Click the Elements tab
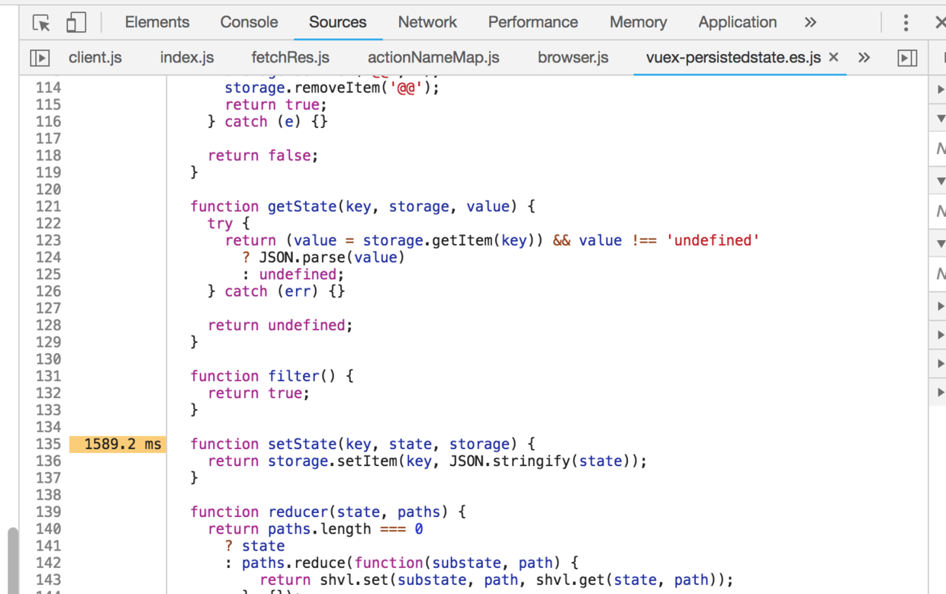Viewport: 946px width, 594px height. point(157,22)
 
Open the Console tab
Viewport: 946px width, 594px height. point(249,22)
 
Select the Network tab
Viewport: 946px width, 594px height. point(427,22)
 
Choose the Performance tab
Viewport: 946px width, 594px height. point(533,22)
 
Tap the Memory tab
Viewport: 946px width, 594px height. point(638,22)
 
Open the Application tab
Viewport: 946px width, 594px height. point(737,22)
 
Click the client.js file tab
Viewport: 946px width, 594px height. point(95,57)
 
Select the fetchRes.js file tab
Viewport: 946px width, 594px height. point(290,57)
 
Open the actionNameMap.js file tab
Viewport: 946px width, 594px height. point(433,57)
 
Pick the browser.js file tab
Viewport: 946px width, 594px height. point(573,57)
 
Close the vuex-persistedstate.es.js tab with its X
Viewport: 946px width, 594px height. point(833,57)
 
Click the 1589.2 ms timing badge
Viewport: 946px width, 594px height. point(122,444)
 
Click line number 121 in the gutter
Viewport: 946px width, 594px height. point(48,206)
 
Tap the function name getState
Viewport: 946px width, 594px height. point(301,206)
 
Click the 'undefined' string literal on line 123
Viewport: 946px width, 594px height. point(713,240)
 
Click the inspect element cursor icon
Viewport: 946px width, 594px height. point(41,23)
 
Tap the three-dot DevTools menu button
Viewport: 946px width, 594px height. point(906,23)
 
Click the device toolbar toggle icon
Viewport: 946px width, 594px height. point(76,23)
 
